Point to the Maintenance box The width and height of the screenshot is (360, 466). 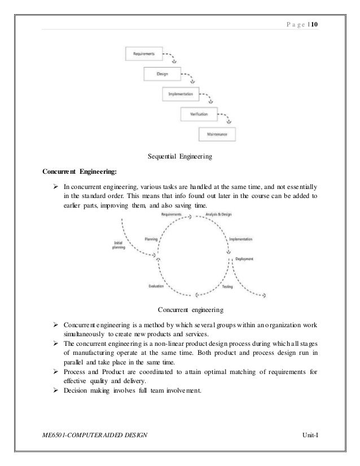(x=217, y=134)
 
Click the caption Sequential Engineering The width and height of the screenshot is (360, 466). (x=179, y=156)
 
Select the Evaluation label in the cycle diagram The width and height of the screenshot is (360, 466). (x=157, y=287)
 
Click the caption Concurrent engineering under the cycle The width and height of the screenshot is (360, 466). (x=191, y=310)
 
